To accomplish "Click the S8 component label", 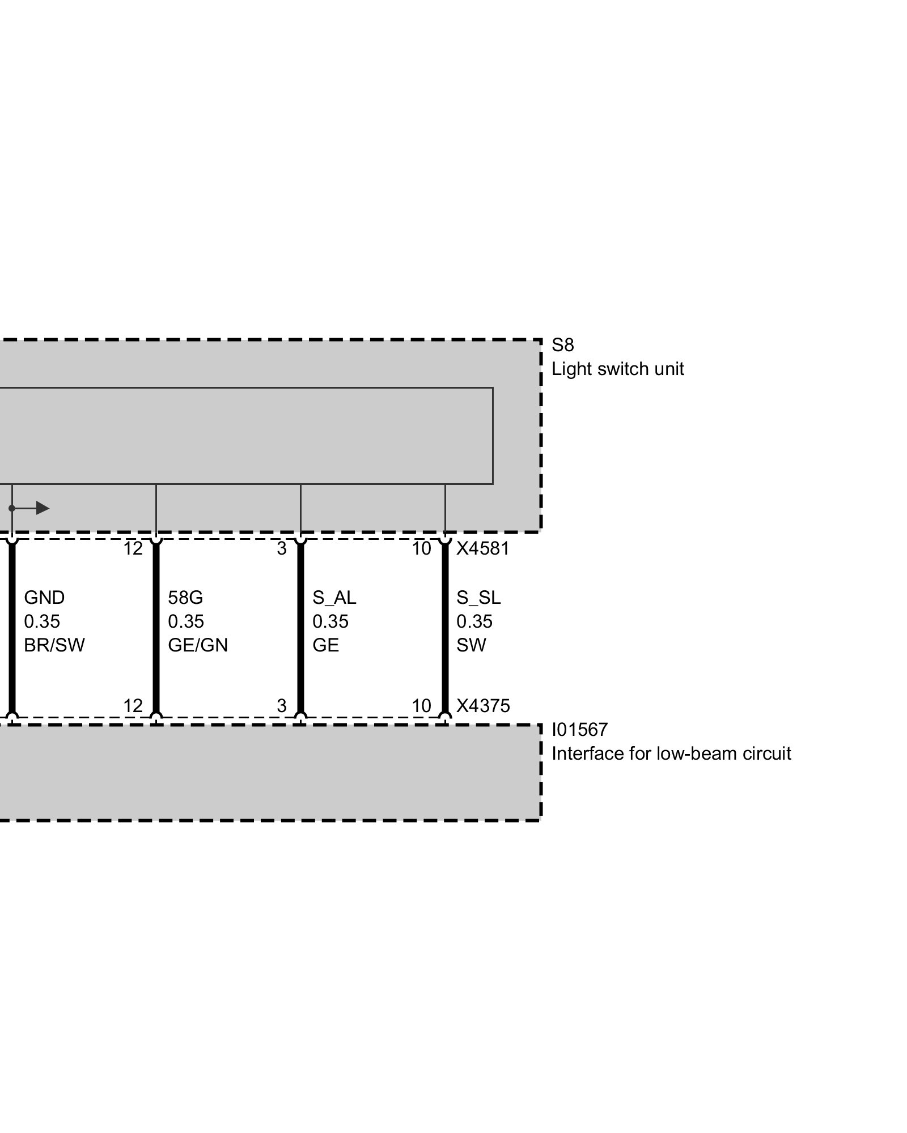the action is [x=562, y=345].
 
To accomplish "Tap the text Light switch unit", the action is [x=617, y=369].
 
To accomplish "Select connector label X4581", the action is [x=483, y=548].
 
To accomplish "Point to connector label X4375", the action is [x=483, y=706].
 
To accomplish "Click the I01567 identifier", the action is [x=579, y=730].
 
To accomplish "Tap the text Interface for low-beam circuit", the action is [x=671, y=753].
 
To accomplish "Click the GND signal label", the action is [x=44, y=598].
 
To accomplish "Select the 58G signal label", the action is [x=185, y=598].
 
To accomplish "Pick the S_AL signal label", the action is [x=334, y=598].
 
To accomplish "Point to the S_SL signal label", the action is [x=478, y=598].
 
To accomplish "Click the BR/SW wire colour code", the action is [x=54, y=645].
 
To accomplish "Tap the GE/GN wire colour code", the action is [x=198, y=645].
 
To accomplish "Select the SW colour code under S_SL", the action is [x=471, y=645].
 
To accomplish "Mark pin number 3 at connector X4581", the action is [x=282, y=548].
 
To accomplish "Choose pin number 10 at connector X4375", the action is [x=421, y=706].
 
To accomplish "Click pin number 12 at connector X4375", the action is [x=133, y=706].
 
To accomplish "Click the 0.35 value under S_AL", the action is [x=330, y=621].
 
